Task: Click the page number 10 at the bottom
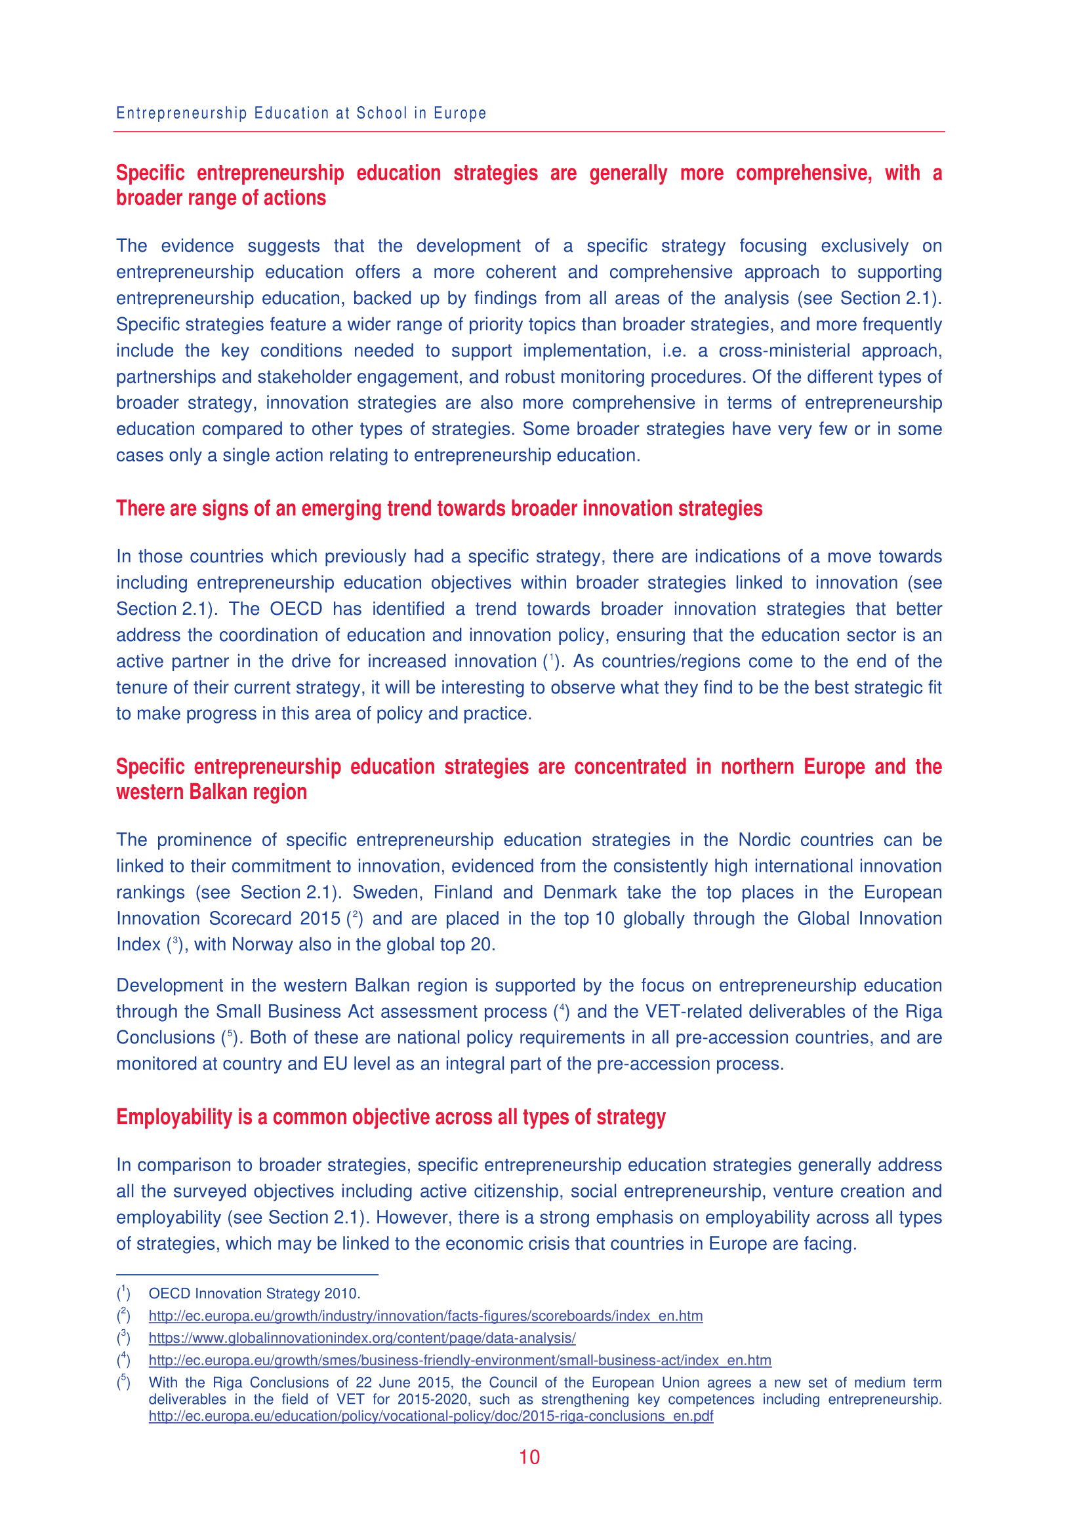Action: pyautogui.click(x=529, y=1457)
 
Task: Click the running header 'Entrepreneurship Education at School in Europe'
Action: pyautogui.click(x=300, y=113)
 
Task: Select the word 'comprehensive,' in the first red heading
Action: pyautogui.click(x=804, y=174)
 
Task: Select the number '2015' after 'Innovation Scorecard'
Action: pyautogui.click(x=320, y=919)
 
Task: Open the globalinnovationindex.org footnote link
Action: pyautogui.click(x=361, y=1338)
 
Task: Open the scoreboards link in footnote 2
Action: pyautogui.click(x=425, y=1316)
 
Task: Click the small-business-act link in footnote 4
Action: pyautogui.click(x=460, y=1360)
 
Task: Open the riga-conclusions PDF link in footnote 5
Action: pyautogui.click(x=430, y=1416)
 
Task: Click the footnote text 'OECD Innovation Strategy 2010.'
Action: pyautogui.click(x=254, y=1294)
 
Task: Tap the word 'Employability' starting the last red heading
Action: pyautogui.click(x=174, y=1117)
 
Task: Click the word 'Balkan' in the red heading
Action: pyautogui.click(x=218, y=792)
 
